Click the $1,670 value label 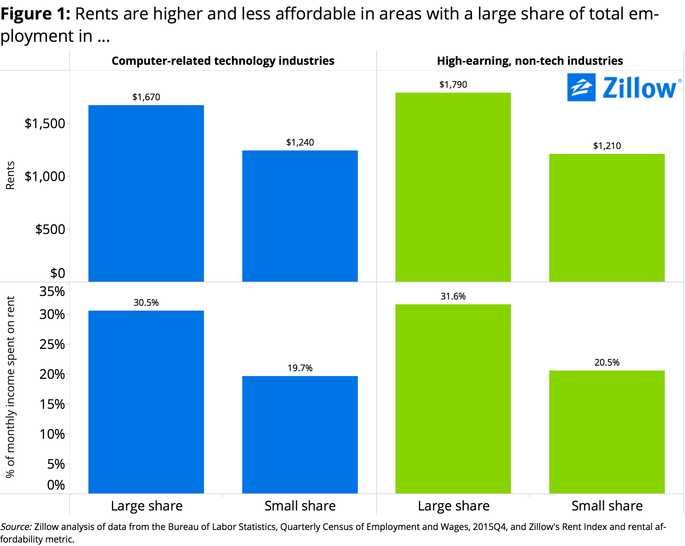pyautogui.click(x=146, y=97)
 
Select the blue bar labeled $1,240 pyautogui.click(x=300, y=216)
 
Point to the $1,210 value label pyautogui.click(x=607, y=146)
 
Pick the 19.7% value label pyautogui.click(x=300, y=368)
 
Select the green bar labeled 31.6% pyautogui.click(x=453, y=399)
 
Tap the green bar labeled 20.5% pyautogui.click(x=607, y=432)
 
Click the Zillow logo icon pyautogui.click(x=581, y=87)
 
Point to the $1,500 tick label pyautogui.click(x=45, y=124)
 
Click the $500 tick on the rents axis pyautogui.click(x=50, y=229)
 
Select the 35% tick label pyautogui.click(x=52, y=291)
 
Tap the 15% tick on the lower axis pyautogui.click(x=52, y=404)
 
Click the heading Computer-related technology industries pyautogui.click(x=223, y=61)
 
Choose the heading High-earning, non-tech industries pyautogui.click(x=530, y=61)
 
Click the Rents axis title pyautogui.click(x=10, y=175)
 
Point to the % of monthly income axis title pyautogui.click(x=10, y=387)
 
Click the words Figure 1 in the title pyautogui.click(x=36, y=14)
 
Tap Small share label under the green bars pyautogui.click(x=607, y=506)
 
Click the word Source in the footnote pyautogui.click(x=16, y=527)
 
